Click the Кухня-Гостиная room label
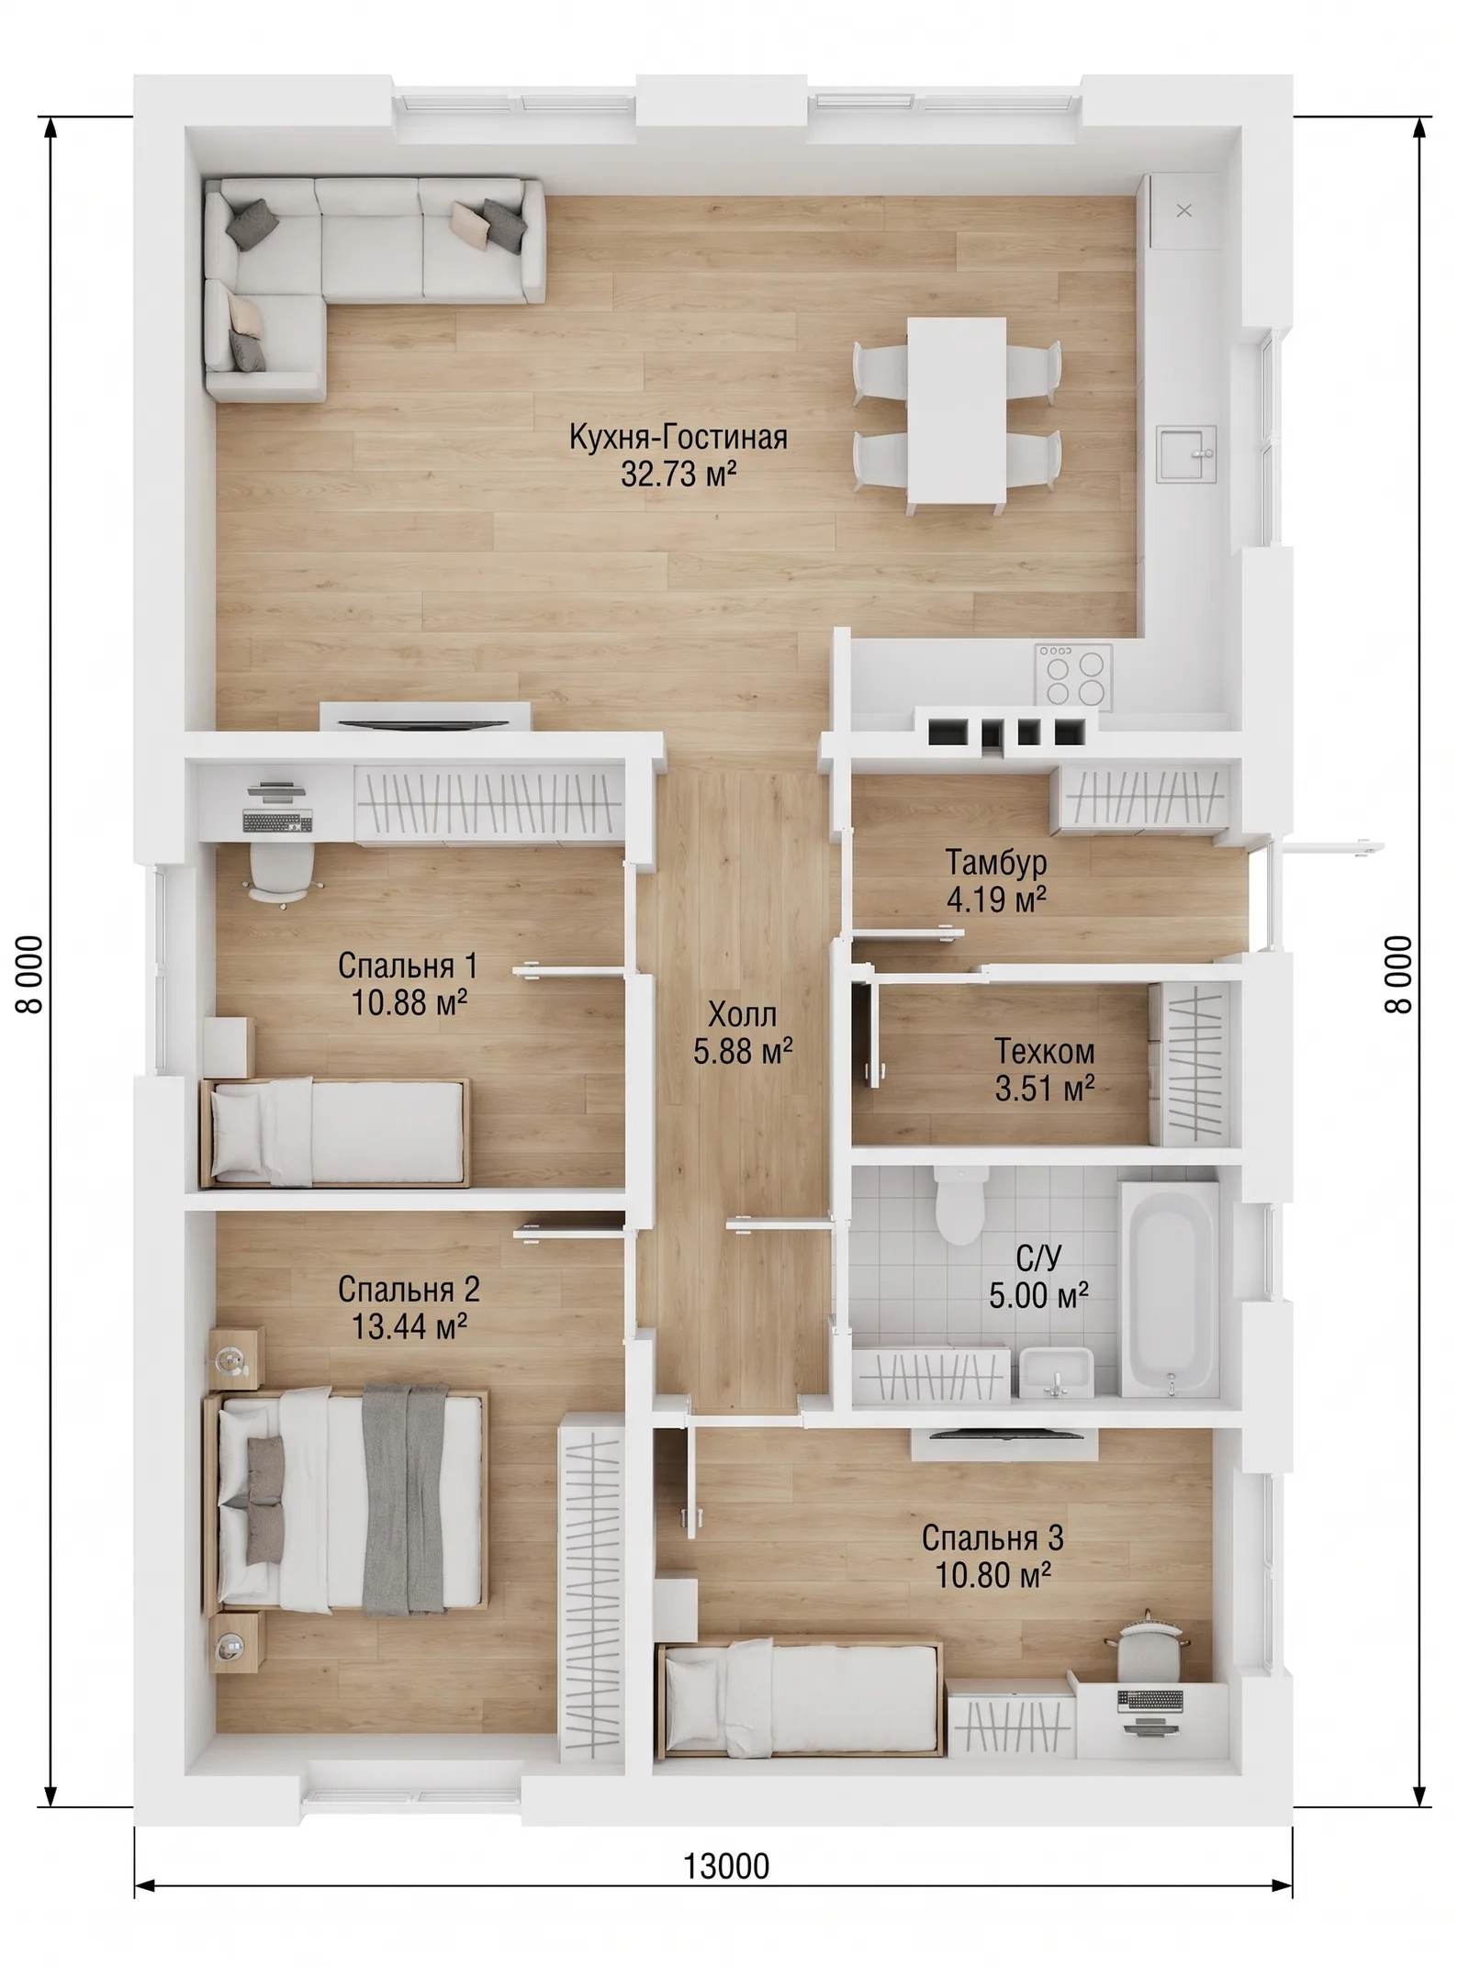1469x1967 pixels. click(x=678, y=437)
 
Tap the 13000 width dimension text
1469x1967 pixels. click(x=726, y=1866)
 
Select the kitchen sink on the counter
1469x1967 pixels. click(x=1186, y=453)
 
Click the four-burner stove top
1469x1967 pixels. click(x=1074, y=676)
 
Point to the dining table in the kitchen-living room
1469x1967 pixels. click(x=956, y=410)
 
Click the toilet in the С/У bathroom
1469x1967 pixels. click(x=960, y=1203)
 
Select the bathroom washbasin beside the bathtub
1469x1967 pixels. click(x=1057, y=1372)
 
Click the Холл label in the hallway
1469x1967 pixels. click(x=742, y=1015)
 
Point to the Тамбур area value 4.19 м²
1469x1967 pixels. click(x=996, y=900)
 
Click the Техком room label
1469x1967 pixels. click(x=1045, y=1051)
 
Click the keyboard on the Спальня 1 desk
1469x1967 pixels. click(x=277, y=821)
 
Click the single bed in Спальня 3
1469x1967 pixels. click(x=800, y=1698)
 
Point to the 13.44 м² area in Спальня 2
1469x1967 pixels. click(x=409, y=1326)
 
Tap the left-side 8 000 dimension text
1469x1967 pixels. click(x=30, y=974)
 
